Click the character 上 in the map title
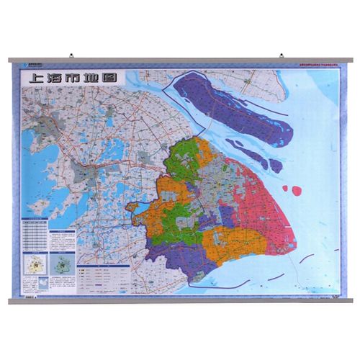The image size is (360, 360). point(33,78)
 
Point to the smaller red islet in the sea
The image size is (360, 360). point(284,189)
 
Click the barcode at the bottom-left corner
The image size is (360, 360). point(31,294)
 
